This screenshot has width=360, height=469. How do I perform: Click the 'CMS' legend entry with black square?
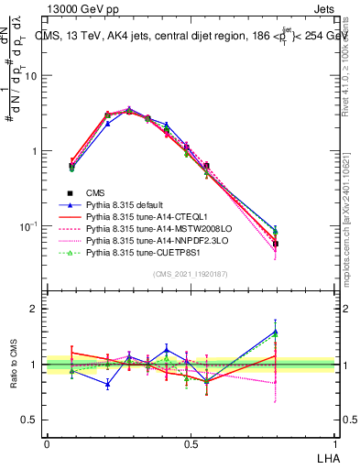click(x=96, y=192)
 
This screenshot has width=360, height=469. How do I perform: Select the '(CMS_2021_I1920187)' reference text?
click(x=189, y=274)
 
